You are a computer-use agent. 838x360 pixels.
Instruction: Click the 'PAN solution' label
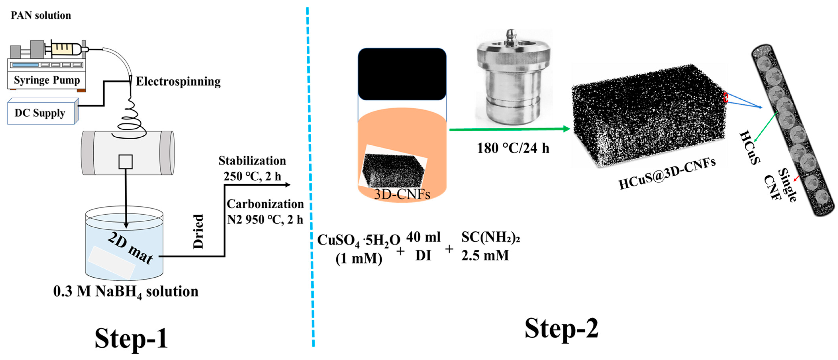[41, 15]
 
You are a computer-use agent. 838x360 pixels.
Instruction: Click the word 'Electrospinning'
[178, 81]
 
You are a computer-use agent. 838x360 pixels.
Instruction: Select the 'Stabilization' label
[252, 161]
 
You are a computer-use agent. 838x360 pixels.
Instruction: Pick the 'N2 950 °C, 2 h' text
[265, 220]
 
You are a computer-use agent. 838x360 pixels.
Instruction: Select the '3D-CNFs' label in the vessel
[402, 194]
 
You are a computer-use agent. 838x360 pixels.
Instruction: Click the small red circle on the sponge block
[725, 97]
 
